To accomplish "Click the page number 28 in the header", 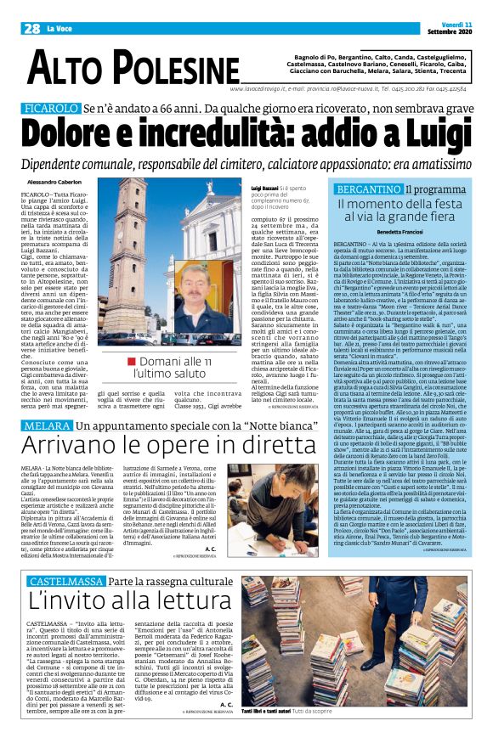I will [33, 28].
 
